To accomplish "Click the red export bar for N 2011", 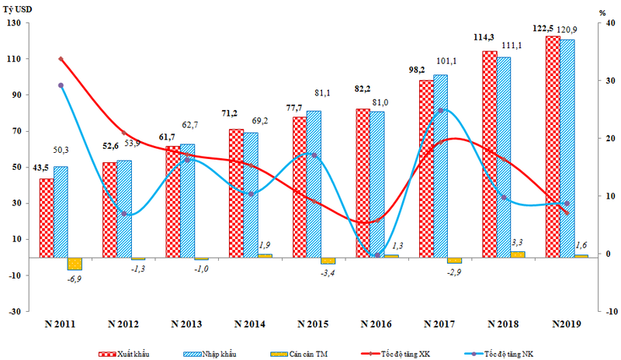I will click(47, 217).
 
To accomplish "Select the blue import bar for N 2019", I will click(567, 147).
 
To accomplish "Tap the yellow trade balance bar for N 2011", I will click(75, 263).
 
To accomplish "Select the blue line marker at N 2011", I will click(61, 85).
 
